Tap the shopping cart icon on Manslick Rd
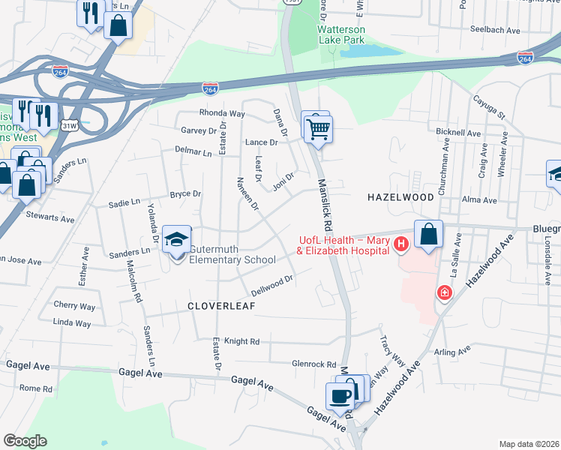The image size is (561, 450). click(x=318, y=129)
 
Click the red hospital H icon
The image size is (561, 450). click(x=400, y=244)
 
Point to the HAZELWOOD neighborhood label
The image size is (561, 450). click(x=400, y=196)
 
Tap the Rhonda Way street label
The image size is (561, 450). click(x=222, y=114)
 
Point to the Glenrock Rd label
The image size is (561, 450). click(x=314, y=364)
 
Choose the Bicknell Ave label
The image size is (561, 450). click(x=457, y=133)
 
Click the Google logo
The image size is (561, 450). click(x=25, y=441)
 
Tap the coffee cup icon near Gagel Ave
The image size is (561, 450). click(x=340, y=397)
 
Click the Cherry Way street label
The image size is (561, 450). click(x=74, y=306)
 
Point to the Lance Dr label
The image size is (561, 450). click(x=261, y=142)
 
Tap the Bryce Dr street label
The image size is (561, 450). click(x=185, y=194)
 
